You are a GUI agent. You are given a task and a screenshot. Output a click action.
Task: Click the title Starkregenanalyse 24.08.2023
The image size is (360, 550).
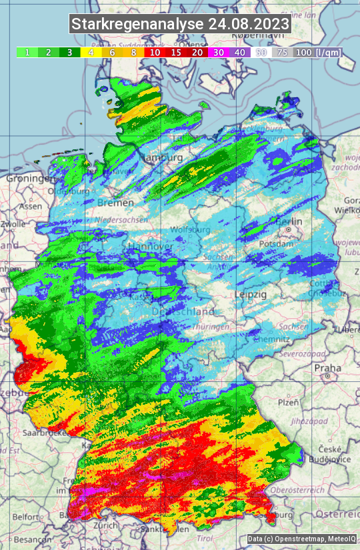click(180, 25)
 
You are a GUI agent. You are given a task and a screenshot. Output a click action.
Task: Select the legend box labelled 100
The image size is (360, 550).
click(303, 52)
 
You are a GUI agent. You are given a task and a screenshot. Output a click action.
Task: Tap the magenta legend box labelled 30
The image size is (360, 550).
click(219, 52)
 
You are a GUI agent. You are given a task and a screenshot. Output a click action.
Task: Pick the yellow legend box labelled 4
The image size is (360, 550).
click(90, 52)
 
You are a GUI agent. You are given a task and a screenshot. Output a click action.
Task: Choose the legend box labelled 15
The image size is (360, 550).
click(176, 52)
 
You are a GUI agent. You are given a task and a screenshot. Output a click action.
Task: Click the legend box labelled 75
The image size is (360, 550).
click(282, 52)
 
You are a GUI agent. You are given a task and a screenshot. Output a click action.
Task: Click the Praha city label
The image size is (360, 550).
click(327, 367)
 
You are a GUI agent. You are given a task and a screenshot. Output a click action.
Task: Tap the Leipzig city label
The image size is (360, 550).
click(251, 294)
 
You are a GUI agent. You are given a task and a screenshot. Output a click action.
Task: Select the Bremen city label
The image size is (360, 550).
click(111, 202)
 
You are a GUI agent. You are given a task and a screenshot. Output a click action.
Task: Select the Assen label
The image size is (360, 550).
click(31, 207)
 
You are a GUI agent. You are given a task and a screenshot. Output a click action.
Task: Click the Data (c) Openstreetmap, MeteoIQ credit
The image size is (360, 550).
click(301, 539)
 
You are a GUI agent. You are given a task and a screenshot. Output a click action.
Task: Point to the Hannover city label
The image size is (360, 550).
click(148, 246)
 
